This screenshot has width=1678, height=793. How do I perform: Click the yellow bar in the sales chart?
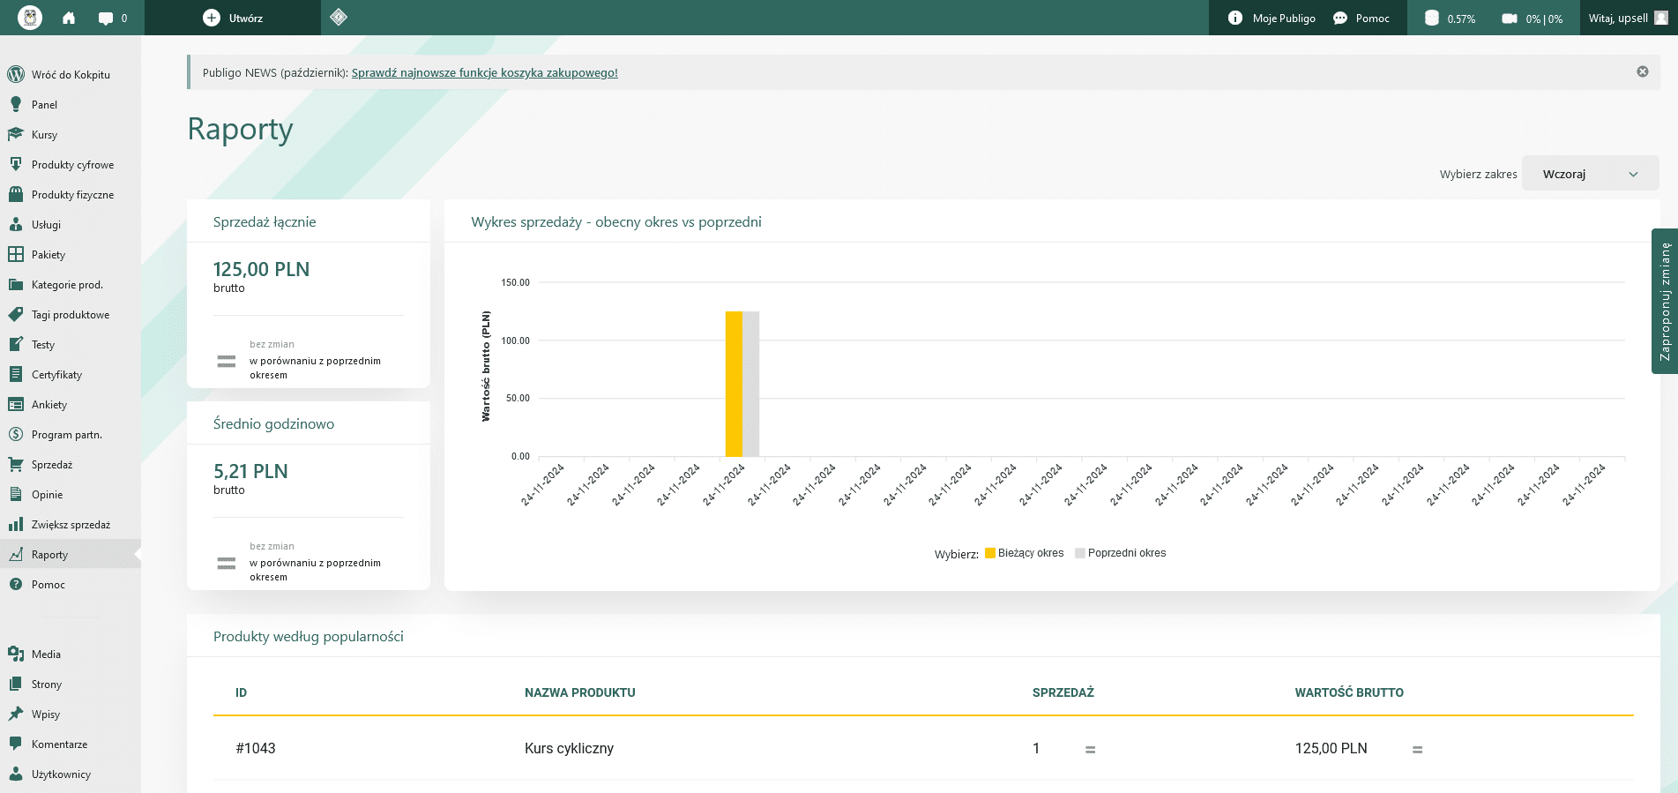coord(734,384)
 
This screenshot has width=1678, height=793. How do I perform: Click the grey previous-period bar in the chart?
coord(750,384)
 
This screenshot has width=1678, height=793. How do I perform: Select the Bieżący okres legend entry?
coord(1025,553)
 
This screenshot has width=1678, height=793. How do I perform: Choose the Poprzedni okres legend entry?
coord(1121,553)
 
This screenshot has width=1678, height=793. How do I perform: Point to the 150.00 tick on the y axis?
coord(516,282)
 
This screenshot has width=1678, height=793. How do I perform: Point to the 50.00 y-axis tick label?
coord(518,398)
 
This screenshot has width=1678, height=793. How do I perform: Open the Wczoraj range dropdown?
coord(1591,174)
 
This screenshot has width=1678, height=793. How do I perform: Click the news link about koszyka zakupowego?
coord(485,72)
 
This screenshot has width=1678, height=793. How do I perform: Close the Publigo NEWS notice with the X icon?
coord(1643,71)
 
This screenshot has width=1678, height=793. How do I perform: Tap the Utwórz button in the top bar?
coord(233,18)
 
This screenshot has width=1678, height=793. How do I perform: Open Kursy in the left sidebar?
coord(44,135)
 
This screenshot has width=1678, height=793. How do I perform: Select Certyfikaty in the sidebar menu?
coord(56,375)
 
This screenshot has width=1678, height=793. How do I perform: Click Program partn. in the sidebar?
coord(67,435)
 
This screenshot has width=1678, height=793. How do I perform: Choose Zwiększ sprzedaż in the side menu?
coord(71,525)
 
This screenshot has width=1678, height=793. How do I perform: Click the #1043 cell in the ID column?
coord(256,748)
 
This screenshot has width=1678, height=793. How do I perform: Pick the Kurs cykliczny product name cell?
coord(569,748)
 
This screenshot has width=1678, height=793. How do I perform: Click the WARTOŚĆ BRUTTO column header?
coord(1349,692)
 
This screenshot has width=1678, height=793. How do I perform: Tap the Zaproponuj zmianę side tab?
coord(1665,302)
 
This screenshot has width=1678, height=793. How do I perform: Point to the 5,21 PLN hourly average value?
coord(250,471)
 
